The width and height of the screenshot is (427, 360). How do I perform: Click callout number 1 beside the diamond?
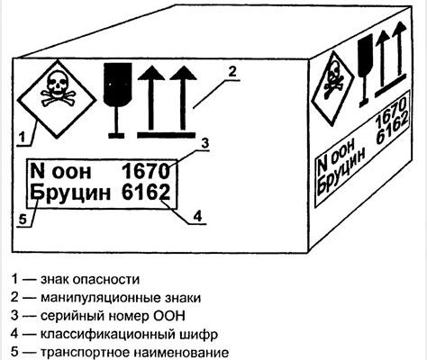[22, 138]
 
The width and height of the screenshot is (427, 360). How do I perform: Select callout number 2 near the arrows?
[232, 72]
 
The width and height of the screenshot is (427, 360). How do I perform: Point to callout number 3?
[204, 143]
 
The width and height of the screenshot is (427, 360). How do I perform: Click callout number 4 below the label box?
[197, 216]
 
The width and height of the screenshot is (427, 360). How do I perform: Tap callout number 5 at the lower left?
[23, 220]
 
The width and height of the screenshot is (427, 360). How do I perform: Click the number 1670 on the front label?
[146, 171]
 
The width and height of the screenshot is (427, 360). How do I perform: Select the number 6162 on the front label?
[146, 192]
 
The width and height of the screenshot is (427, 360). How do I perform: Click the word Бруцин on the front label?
[70, 193]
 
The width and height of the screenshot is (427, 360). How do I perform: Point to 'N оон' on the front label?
[60, 171]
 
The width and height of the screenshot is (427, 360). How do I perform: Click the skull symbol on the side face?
[332, 82]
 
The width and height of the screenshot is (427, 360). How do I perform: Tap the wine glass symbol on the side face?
[366, 70]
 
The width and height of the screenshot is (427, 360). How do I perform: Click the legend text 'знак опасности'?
[90, 279]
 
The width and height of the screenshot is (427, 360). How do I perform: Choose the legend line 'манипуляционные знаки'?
[121, 298]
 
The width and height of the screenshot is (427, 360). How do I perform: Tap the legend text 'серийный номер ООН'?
[113, 316]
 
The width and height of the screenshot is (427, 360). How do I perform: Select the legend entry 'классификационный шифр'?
[129, 334]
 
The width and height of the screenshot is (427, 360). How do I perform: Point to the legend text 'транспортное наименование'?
[134, 353]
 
